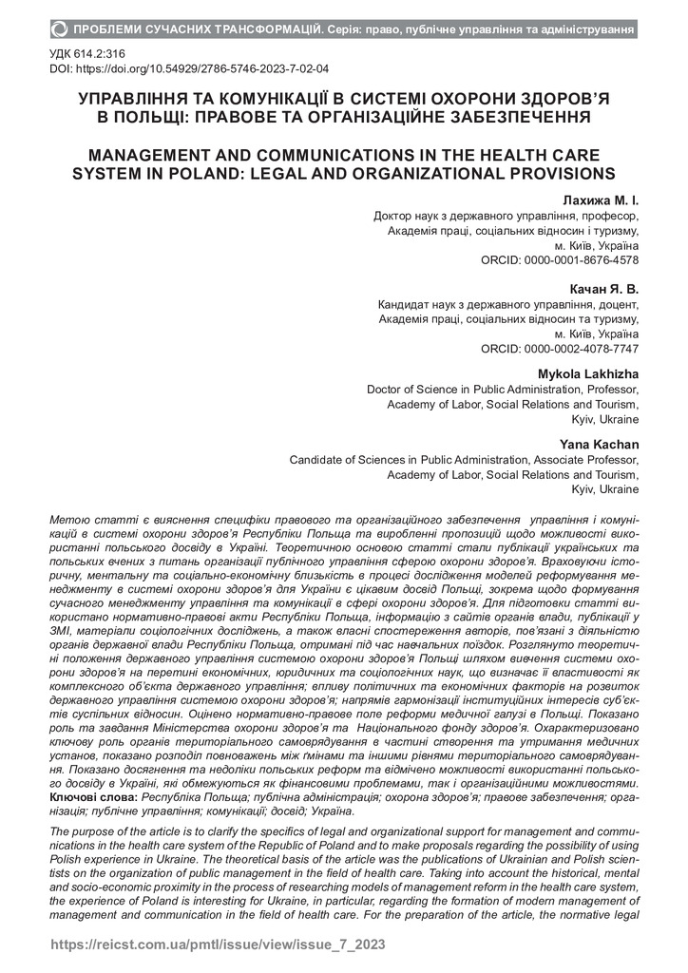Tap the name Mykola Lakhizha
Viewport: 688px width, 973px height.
(588, 372)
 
